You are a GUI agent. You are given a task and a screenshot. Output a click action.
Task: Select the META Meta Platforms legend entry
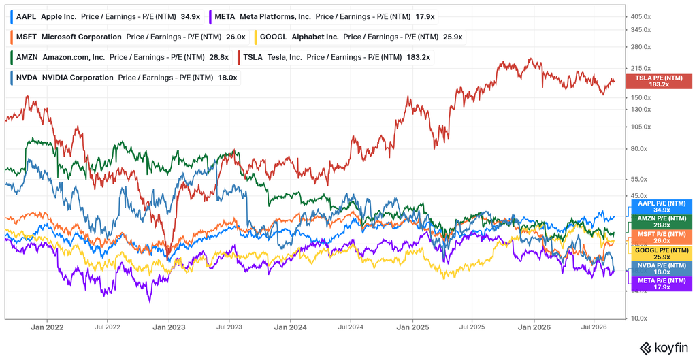[x=323, y=17]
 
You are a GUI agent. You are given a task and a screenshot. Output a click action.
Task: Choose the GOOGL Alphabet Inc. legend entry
[x=360, y=37]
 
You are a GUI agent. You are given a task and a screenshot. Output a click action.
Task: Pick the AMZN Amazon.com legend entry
[x=120, y=57]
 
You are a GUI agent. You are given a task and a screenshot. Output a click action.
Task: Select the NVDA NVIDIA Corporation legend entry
[x=125, y=78]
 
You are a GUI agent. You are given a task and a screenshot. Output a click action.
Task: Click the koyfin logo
[x=664, y=347]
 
